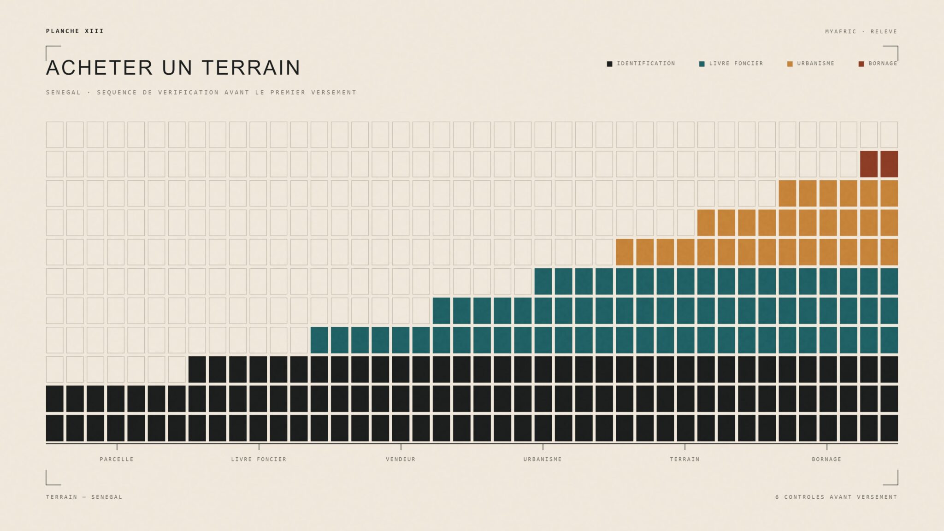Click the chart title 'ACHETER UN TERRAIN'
[173, 68]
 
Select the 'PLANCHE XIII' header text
[75, 31]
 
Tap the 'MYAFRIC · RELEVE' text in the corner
[861, 31]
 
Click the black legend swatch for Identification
[609, 64]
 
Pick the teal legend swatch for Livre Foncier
[702, 64]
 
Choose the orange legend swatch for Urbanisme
[790, 64]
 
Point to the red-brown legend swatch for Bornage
[861, 64]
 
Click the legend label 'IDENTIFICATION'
[646, 64]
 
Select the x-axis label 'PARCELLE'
[117, 459]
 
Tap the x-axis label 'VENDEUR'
[401, 459]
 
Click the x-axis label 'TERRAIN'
[684, 459]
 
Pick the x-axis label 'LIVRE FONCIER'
[259, 459]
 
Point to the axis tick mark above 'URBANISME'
[543, 447]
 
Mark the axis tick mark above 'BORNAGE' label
[827, 447]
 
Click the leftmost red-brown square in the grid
[869, 164]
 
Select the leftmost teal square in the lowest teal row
[319, 340]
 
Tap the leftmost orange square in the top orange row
[787, 194]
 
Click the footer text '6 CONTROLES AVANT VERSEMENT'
[836, 497]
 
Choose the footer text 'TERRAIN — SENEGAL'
[84, 497]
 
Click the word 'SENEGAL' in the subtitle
[63, 93]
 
